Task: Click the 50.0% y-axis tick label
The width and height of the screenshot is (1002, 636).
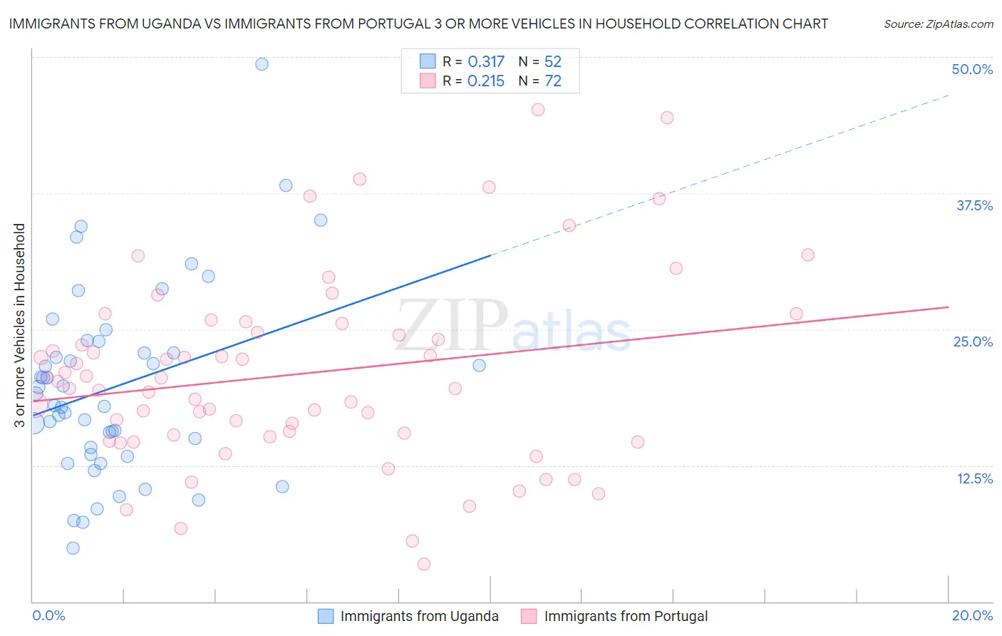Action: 972,69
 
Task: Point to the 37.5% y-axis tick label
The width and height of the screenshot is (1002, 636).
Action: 974,205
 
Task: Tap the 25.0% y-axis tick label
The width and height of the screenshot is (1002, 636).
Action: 973,342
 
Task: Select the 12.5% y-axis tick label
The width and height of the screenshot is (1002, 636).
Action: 974,478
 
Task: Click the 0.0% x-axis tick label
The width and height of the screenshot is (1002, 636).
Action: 48,615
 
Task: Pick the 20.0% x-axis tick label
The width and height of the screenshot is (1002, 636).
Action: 972,615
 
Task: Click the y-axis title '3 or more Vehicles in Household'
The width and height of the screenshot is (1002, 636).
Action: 20,325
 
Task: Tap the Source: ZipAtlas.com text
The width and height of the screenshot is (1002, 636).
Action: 938,24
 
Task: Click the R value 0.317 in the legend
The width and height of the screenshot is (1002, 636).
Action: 486,62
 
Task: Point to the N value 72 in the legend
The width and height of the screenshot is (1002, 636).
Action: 553,81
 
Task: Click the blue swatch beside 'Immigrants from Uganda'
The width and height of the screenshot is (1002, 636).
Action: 326,616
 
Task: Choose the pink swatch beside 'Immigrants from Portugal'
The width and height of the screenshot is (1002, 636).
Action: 529,616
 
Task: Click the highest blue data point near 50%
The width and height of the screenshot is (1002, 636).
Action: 262,64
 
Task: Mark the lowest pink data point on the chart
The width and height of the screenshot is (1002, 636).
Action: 424,564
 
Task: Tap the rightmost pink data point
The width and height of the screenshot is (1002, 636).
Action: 807,255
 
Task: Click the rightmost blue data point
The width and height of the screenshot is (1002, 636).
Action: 479,365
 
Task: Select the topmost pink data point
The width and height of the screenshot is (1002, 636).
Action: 538,110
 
